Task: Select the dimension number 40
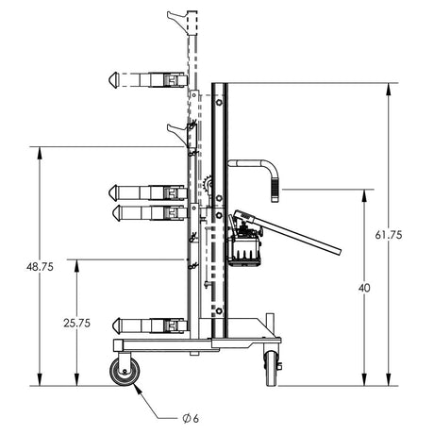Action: click(x=363, y=288)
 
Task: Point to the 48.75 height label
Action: click(x=40, y=266)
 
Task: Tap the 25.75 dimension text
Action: click(x=77, y=323)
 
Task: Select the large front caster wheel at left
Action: click(x=124, y=372)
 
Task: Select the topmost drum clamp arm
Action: click(x=146, y=79)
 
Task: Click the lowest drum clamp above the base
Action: click(x=146, y=325)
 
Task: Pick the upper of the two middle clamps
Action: click(x=146, y=192)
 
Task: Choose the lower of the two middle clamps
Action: click(x=146, y=212)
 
